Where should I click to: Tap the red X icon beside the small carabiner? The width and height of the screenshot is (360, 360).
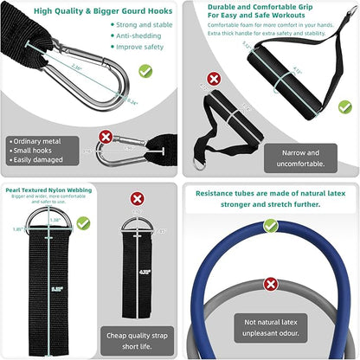(x=105, y=136)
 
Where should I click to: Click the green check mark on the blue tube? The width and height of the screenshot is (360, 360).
(x=271, y=225)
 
